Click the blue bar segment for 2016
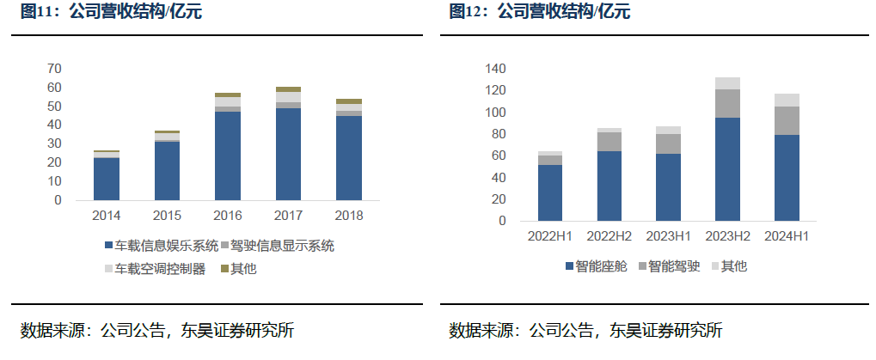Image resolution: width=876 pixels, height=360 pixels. tap(228, 156)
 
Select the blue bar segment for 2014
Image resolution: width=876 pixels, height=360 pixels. tap(107, 179)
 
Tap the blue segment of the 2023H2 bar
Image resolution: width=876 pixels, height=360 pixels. tap(726, 169)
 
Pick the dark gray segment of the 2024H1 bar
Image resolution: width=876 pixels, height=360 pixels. tap(787, 121)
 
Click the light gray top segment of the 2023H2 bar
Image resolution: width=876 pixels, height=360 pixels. tap(726, 83)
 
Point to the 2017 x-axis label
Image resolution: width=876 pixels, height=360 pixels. tap(289, 215)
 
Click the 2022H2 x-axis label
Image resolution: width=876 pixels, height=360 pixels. tap(610, 235)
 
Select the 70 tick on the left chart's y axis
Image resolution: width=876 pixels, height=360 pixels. tap(54, 69)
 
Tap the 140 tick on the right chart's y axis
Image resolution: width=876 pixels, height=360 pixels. tap(495, 69)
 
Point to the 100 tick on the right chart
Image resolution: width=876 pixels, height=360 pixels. tap(495, 112)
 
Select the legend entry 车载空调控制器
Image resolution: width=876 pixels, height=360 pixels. tap(156, 269)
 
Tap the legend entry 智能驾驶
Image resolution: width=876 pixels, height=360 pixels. tap(674, 267)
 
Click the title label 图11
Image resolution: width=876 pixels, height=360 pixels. tap(38, 12)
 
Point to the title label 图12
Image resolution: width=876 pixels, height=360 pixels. tap(468, 12)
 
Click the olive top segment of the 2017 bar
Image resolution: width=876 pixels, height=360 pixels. tap(289, 89)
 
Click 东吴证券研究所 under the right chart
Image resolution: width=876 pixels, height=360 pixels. tap(665, 330)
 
